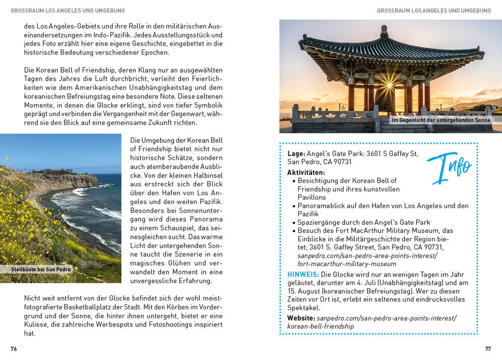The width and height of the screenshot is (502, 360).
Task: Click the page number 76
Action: click(x=14, y=349)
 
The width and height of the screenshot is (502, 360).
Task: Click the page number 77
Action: click(x=488, y=349)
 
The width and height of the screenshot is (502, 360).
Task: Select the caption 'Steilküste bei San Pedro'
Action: click(x=41, y=270)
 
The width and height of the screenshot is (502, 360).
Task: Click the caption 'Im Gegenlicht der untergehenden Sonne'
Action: click(x=440, y=120)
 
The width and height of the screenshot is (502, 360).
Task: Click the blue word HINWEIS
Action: click(x=302, y=274)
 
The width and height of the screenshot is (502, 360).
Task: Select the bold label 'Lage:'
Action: click(x=296, y=154)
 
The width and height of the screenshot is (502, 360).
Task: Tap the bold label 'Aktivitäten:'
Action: click(x=306, y=173)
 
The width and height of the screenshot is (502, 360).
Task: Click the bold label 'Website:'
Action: click(x=301, y=318)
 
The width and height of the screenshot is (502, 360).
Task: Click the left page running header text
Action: click(x=67, y=10)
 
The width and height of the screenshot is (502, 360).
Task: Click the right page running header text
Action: click(x=434, y=10)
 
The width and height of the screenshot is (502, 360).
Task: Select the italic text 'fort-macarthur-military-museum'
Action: click(x=346, y=264)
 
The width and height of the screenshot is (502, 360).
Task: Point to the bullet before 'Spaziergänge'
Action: click(x=293, y=222)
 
